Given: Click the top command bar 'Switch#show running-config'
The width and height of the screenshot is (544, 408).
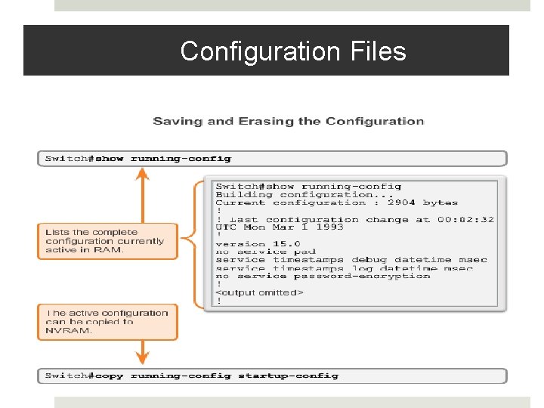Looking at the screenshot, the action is [x=138, y=159].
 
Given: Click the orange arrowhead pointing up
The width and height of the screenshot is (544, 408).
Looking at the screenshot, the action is [x=142, y=175].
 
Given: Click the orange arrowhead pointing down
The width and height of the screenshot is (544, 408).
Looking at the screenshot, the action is [x=142, y=357].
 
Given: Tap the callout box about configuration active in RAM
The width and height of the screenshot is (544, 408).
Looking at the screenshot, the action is [x=107, y=241].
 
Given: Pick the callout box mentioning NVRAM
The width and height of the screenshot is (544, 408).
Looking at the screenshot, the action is [x=107, y=321].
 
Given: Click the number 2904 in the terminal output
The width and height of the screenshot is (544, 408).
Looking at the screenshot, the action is [x=401, y=202].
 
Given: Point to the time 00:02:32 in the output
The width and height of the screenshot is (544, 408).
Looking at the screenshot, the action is [x=465, y=219].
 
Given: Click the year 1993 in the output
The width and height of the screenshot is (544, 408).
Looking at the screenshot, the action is [x=329, y=227].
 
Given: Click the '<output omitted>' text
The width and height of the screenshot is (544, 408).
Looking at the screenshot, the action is [x=259, y=292].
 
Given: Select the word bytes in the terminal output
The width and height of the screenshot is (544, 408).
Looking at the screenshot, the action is [x=440, y=202].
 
